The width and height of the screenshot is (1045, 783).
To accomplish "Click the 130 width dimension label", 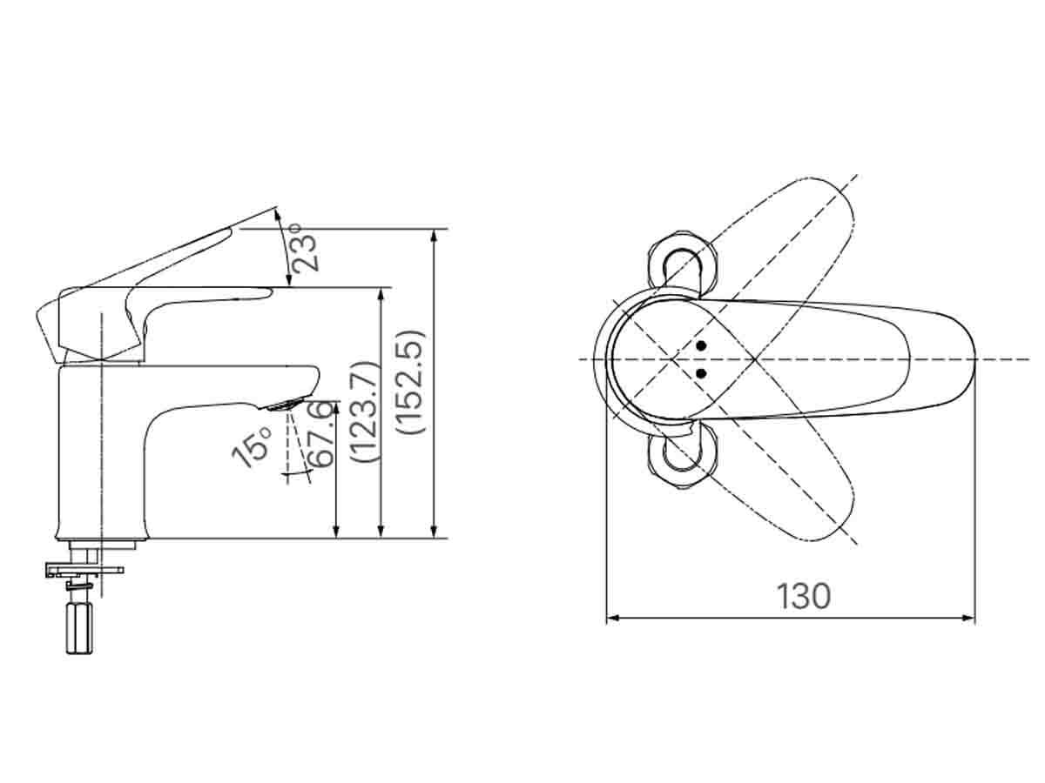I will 803,597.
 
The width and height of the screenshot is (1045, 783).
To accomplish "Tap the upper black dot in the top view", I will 702,347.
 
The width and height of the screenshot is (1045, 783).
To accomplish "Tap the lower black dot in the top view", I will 702,374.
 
